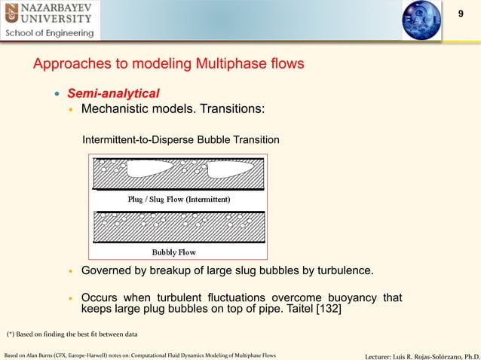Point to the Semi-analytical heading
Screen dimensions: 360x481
[113, 93]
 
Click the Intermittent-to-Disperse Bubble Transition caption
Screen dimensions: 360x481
[181, 140]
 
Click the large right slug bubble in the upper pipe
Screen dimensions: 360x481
[227, 175]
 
